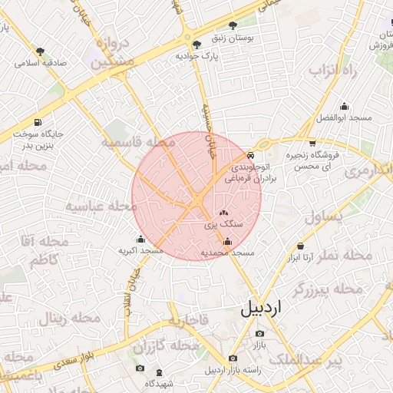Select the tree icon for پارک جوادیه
click(x=197, y=45)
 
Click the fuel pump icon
click(x=38, y=123)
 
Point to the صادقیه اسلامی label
click(x=39, y=64)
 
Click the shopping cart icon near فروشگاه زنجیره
click(x=312, y=144)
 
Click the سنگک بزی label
click(x=223, y=225)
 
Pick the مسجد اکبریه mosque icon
click(x=140, y=238)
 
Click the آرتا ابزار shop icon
click(x=300, y=246)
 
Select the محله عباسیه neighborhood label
click(x=96, y=206)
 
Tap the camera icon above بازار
click(x=259, y=334)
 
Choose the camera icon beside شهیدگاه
click(x=139, y=368)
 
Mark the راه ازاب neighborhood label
click(x=334, y=71)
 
